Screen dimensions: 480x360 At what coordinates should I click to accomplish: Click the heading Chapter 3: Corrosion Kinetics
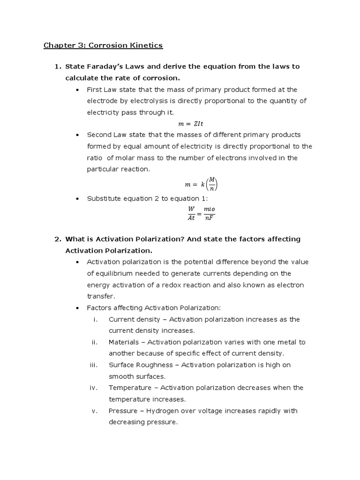[x=103, y=45]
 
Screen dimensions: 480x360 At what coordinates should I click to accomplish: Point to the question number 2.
[x=58, y=239]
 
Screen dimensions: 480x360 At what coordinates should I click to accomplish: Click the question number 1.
[x=58, y=67]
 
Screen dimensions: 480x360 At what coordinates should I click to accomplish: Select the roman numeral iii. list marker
[x=93, y=365]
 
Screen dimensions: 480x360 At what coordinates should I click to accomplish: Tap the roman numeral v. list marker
[x=94, y=411]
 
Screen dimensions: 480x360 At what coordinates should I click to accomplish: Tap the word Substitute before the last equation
[x=104, y=198]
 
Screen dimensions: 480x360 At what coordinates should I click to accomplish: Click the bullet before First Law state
[x=77, y=90]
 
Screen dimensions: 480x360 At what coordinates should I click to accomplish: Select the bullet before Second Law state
[x=77, y=135]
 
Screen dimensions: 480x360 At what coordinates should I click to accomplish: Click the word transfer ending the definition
[x=100, y=296]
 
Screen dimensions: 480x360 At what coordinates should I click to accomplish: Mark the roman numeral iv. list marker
[x=93, y=388]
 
